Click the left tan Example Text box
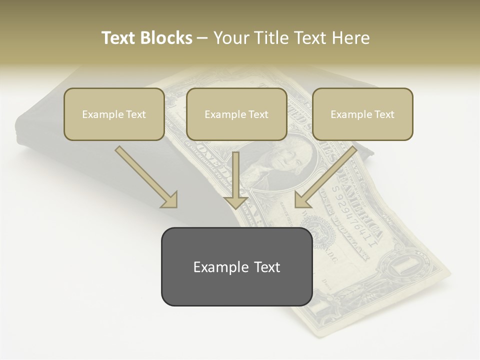tap(114, 114)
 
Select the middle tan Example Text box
tap(236, 114)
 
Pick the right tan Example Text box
tap(362, 114)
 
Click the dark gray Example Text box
tap(236, 267)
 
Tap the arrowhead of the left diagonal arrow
tap(170, 200)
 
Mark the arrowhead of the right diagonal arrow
tap(302, 200)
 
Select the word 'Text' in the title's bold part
tap(119, 38)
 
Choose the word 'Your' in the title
tap(231, 38)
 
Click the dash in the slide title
tap(203, 38)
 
